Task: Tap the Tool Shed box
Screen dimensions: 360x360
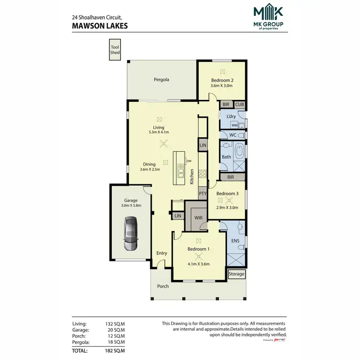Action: point(115,50)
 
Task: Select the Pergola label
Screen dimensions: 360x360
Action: point(162,80)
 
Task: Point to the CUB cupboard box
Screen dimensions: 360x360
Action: point(240,104)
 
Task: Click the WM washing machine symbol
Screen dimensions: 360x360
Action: point(234,125)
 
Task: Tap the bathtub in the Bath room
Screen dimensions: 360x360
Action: point(239,157)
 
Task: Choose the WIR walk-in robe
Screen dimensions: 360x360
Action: point(198,217)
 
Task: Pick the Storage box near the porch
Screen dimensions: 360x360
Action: point(236,274)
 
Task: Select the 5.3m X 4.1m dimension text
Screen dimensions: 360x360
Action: point(159,132)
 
